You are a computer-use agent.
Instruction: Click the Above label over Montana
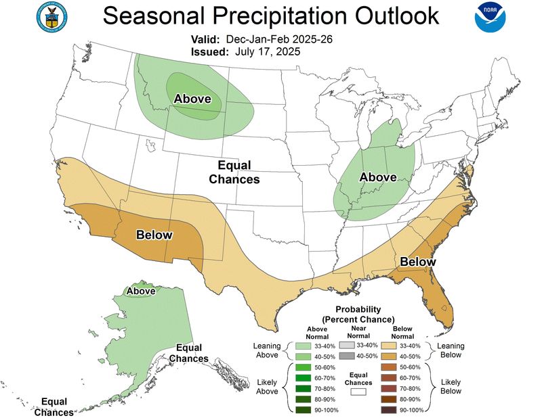[192, 99]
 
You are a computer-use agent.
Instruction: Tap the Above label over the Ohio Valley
[377, 177]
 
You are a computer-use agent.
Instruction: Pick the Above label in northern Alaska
[141, 291]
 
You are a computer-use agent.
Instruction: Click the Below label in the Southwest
[154, 235]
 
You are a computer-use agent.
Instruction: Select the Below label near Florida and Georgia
[417, 262]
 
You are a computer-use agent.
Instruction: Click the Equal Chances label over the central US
[234, 172]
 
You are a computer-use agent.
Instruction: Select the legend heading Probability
[358, 309]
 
